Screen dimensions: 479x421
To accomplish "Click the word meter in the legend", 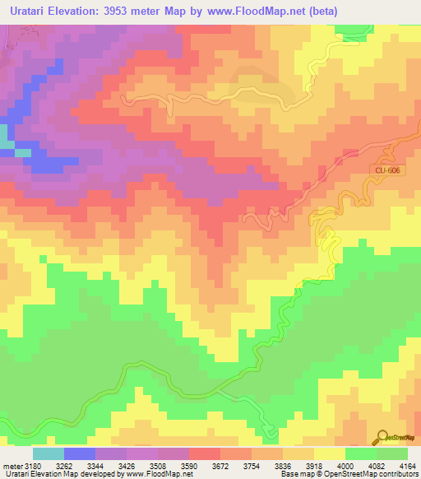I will pos(12,465).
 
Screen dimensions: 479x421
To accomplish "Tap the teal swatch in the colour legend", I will pos(48,453).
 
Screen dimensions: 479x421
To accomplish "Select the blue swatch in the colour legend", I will pos(79,453).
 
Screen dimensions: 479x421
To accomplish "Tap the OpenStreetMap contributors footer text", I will pos(377,475).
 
